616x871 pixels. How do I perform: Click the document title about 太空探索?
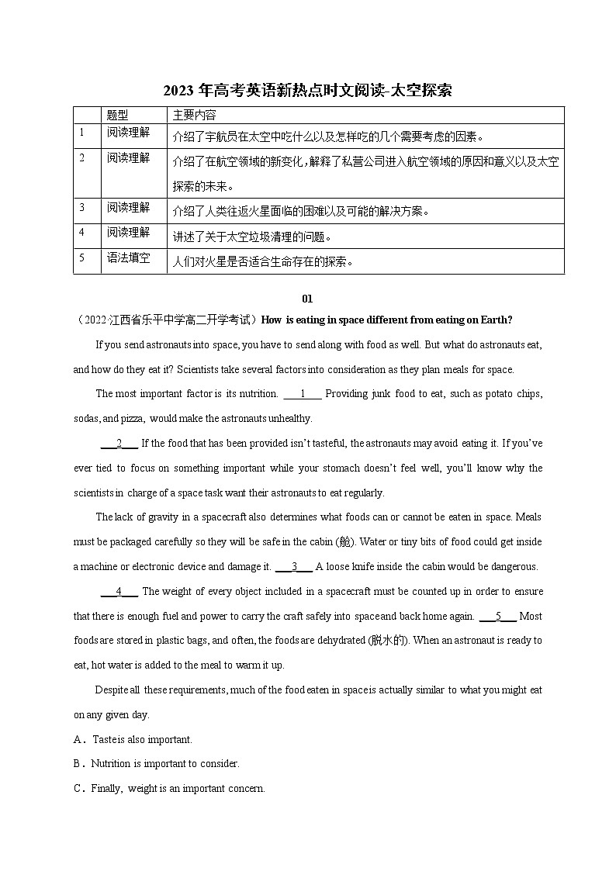pyautogui.click(x=307, y=91)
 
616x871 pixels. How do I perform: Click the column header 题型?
pyautogui.click(x=118, y=115)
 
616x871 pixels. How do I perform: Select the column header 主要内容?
pyautogui.click(x=194, y=115)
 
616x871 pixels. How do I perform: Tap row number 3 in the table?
pyautogui.click(x=82, y=207)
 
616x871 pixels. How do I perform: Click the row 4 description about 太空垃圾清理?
pyautogui.click(x=252, y=237)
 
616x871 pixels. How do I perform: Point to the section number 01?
pyautogui.click(x=307, y=297)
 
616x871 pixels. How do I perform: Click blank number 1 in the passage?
pyautogui.click(x=303, y=393)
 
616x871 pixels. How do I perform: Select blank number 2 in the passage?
pyautogui.click(x=119, y=443)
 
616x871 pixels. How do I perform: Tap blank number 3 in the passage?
pyautogui.click(x=294, y=566)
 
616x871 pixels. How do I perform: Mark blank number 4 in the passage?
pyautogui.click(x=119, y=591)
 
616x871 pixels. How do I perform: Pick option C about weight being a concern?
pyautogui.click(x=177, y=788)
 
